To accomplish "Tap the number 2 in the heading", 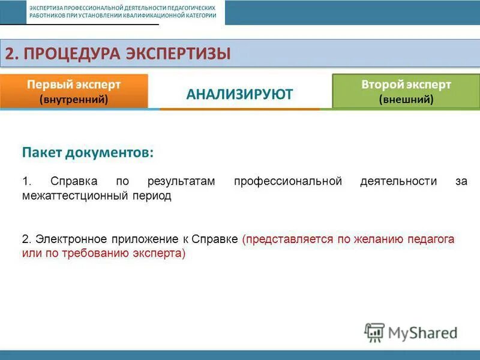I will coord(10,53).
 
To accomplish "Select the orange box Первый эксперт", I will coord(74,91).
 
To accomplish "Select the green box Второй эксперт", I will coord(406,91).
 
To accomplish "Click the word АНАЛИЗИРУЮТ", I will coord(239,94).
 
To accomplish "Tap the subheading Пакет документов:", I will coord(88,152).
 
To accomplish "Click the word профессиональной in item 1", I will coord(288,181).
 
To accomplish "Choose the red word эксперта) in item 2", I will coord(163,253).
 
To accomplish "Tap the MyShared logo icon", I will coord(374,332).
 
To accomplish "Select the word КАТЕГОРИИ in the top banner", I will coord(201,15).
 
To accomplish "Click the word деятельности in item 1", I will coord(398,181).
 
